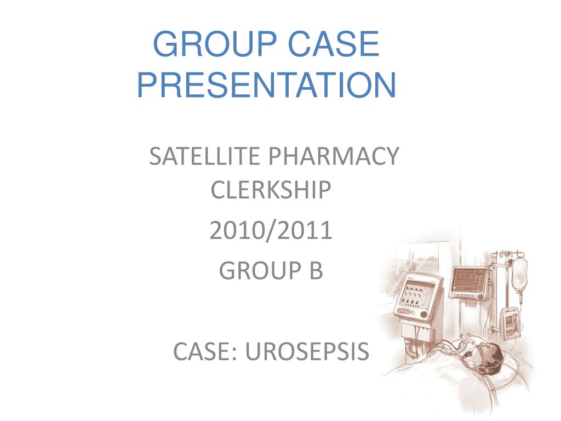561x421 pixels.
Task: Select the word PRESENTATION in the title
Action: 266,86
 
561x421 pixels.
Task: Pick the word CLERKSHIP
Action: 271,191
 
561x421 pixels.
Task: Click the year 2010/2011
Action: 271,231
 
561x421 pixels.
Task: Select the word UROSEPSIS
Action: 307,351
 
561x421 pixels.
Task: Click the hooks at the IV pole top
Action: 507,254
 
